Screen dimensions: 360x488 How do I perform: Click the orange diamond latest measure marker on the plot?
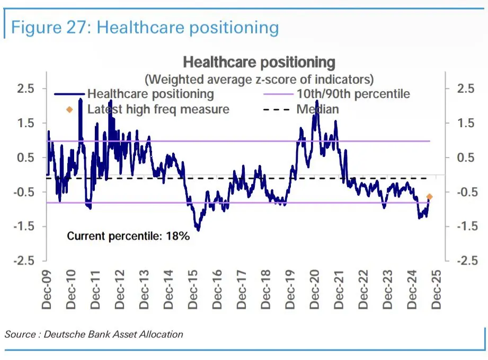pyautogui.click(x=429, y=197)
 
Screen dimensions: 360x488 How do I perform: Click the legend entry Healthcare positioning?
pyautogui.click(x=150, y=94)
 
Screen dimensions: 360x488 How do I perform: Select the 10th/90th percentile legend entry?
pyautogui.click(x=352, y=94)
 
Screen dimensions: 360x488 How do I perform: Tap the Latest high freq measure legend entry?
pyautogui.click(x=158, y=109)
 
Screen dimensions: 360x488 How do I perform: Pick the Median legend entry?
pyautogui.click(x=317, y=109)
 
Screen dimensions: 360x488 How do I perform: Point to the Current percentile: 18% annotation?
pyautogui.click(x=128, y=236)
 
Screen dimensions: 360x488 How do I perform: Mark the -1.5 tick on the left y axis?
pyautogui.click(x=24, y=226)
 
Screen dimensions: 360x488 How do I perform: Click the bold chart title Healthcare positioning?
pyautogui.click(x=259, y=63)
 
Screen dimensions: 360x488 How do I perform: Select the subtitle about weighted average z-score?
pyautogui.click(x=259, y=80)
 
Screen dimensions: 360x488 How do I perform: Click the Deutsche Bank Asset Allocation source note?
pyautogui.click(x=94, y=334)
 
